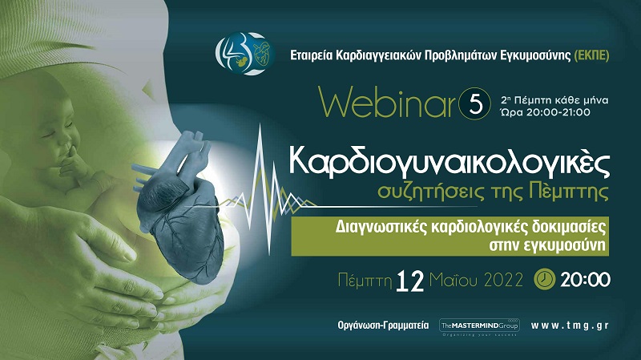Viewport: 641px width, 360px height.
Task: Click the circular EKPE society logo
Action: pyautogui.click(x=245, y=54)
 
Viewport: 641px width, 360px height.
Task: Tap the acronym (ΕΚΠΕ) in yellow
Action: pyautogui.click(x=591, y=55)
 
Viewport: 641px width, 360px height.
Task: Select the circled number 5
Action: pyautogui.click(x=474, y=103)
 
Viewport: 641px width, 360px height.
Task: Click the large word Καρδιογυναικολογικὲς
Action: pyautogui.click(x=450, y=162)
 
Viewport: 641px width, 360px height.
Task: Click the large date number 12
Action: pyautogui.click(x=410, y=281)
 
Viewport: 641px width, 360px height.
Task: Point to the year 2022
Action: pyautogui.click(x=504, y=281)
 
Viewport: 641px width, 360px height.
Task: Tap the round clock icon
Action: pyautogui.click(x=545, y=279)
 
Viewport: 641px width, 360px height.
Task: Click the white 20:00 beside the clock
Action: pyautogui.click(x=586, y=280)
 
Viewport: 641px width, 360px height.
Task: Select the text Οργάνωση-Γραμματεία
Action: pyautogui.click(x=383, y=326)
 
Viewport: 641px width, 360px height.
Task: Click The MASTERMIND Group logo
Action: pyautogui.click(x=479, y=327)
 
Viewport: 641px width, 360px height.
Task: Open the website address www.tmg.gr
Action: pyautogui.click(x=570, y=326)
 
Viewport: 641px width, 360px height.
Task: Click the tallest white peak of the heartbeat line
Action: pyautogui.click(x=260, y=126)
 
